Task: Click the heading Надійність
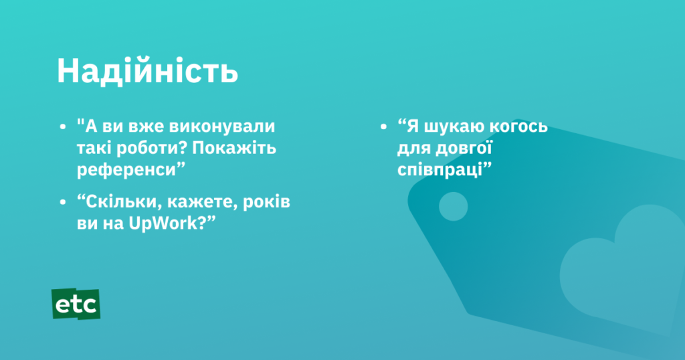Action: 147,71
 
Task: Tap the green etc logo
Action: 76,304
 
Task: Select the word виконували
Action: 222,126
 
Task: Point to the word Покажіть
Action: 234,148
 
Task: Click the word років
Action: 266,202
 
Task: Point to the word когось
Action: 518,126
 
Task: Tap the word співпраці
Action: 440,170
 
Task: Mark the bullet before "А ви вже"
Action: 63,126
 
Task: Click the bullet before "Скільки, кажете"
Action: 63,202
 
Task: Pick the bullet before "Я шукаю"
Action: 383,126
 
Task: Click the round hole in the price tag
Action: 453,206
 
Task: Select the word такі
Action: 92,149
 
